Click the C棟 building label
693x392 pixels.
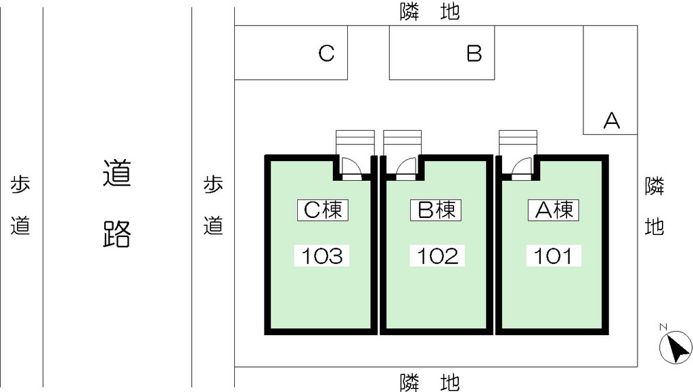(x=323, y=210)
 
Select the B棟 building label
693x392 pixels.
(x=436, y=210)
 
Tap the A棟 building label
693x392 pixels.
(x=554, y=210)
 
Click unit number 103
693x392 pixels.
(x=322, y=256)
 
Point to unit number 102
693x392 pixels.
(x=437, y=256)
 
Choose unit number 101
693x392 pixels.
(x=554, y=256)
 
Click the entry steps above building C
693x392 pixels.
(x=355, y=142)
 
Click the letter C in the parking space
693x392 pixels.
(x=327, y=53)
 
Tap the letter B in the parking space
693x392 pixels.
(x=474, y=53)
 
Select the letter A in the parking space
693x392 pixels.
(x=612, y=121)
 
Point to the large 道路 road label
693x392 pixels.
(x=117, y=204)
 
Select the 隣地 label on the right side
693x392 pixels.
(x=654, y=206)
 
